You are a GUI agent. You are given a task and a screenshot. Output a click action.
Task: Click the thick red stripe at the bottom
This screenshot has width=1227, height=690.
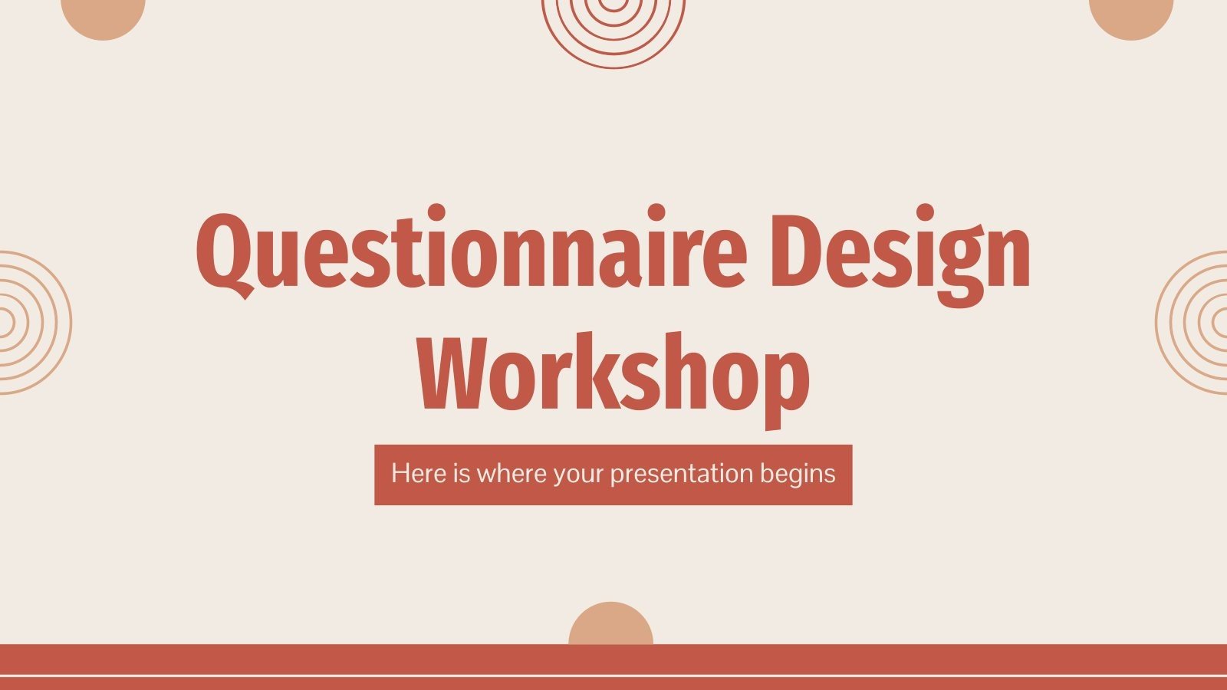click(x=613, y=659)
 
